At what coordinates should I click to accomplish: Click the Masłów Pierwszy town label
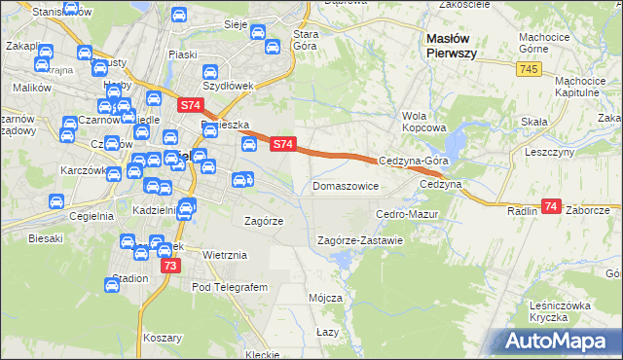[451, 46]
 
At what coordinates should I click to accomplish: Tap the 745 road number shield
[529, 68]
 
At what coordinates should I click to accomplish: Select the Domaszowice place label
[345, 185]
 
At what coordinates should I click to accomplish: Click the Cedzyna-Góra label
[413, 162]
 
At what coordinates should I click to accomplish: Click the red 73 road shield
[170, 266]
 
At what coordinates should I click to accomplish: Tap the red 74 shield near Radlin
[552, 206]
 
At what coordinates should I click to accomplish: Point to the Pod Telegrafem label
[229, 287]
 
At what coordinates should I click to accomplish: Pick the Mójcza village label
[325, 297]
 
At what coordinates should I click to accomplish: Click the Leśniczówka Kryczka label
[561, 311]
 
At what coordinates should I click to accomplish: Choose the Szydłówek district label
[226, 86]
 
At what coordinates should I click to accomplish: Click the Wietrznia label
[226, 255]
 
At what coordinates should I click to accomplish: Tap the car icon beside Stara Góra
[257, 33]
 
